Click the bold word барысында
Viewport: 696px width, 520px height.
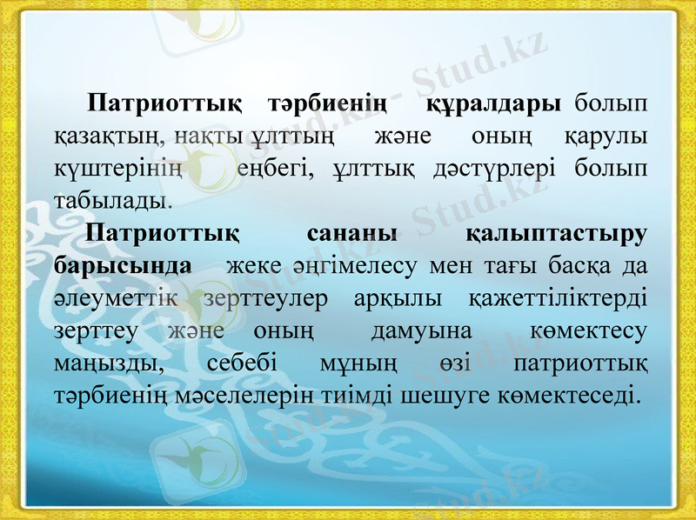point(123,265)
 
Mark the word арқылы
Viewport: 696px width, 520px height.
point(399,297)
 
